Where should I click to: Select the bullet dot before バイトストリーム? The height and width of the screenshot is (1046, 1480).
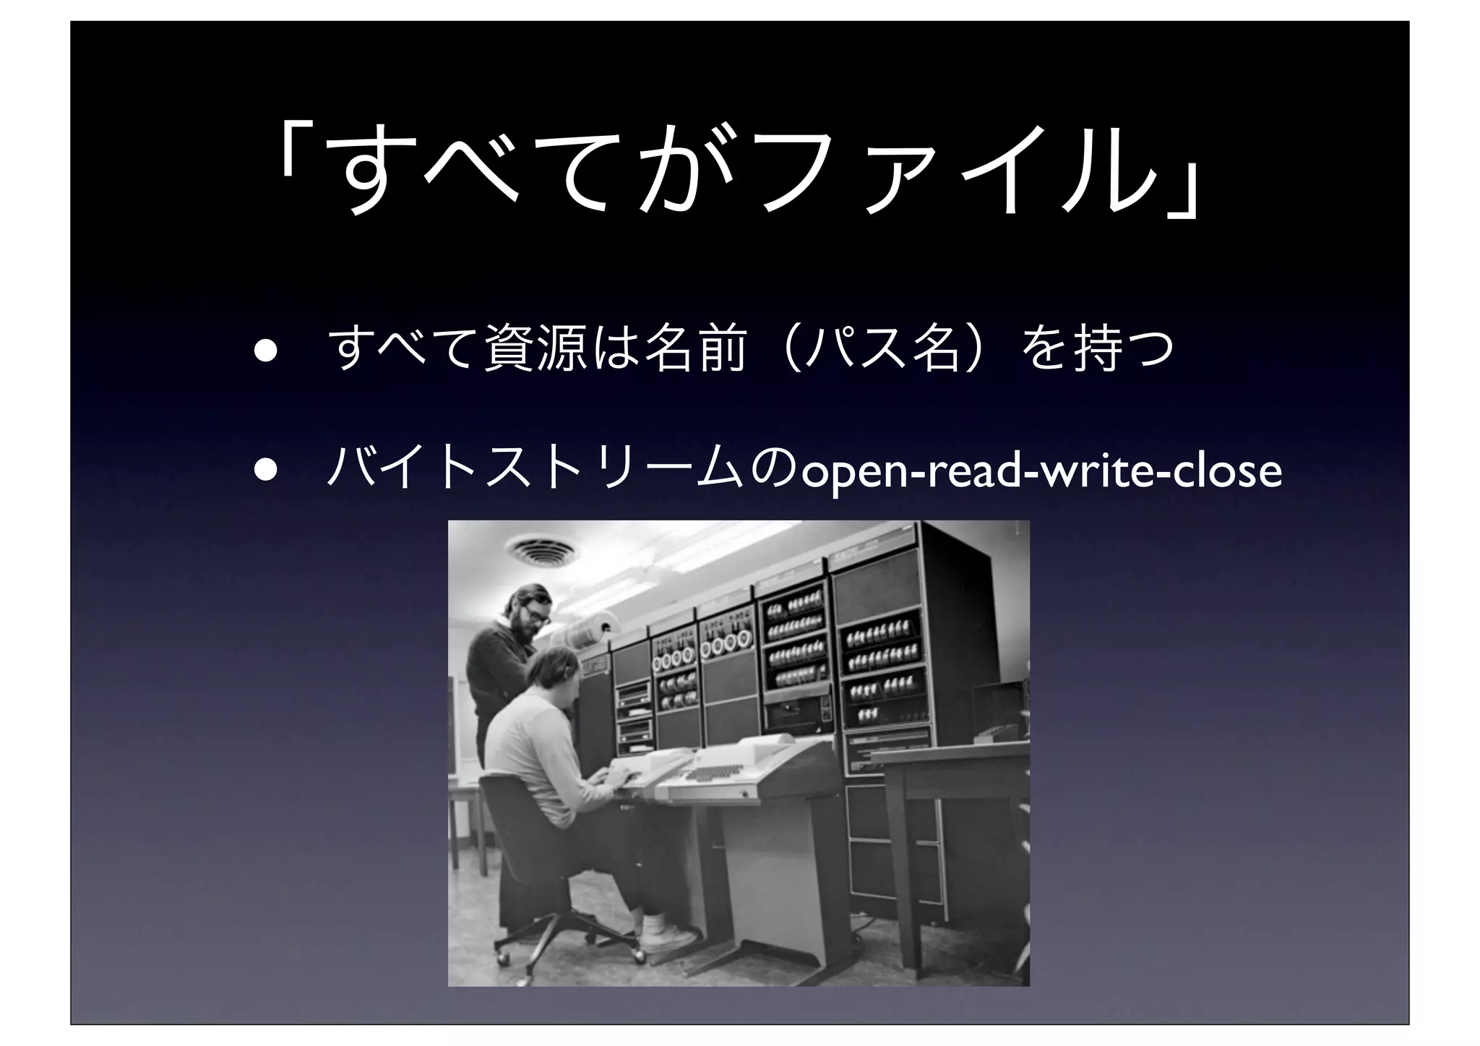coord(264,469)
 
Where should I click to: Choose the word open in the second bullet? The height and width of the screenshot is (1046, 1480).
coord(853,471)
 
